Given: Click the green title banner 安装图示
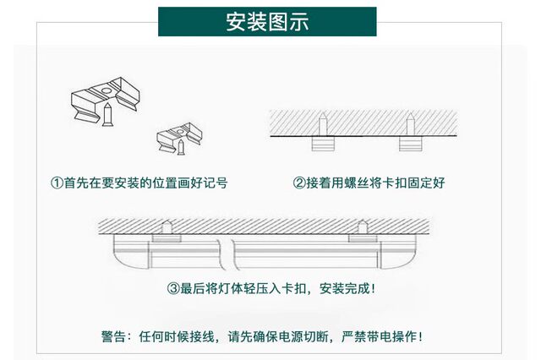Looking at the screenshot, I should tap(267, 21).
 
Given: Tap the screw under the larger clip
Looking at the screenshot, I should tap(108, 117).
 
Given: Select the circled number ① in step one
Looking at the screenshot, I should tap(57, 183).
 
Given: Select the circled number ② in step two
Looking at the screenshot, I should tap(298, 183).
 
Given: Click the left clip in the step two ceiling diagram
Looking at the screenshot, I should tap(323, 136).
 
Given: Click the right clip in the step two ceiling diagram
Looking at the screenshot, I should tap(413, 136).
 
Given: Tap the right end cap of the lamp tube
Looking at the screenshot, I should tap(404, 251).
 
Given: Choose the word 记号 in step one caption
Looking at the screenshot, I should tap(216, 183).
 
